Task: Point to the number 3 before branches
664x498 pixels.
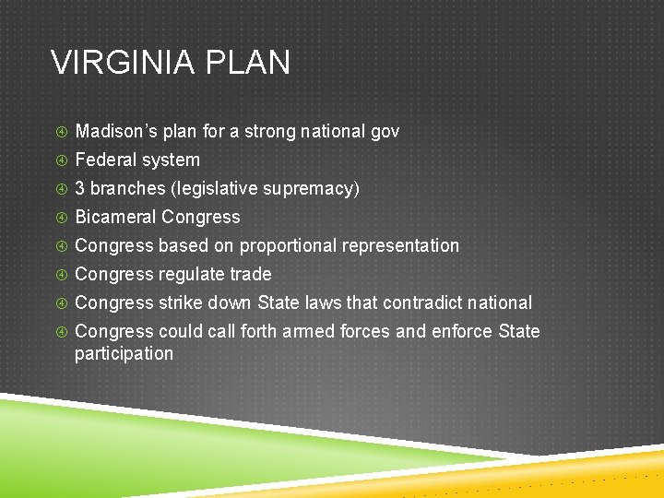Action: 80,189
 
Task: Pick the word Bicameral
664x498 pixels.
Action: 115,218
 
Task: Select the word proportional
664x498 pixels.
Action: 290,246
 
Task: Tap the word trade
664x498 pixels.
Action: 250,275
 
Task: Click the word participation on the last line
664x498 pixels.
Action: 124,354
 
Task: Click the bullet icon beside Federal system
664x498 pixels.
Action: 61,160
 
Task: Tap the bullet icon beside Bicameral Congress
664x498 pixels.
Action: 61,218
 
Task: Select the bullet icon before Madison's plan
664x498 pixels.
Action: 61,132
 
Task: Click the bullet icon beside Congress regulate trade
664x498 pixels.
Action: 61,275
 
